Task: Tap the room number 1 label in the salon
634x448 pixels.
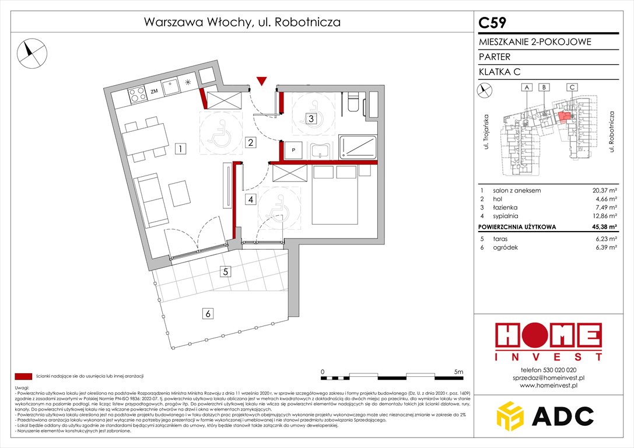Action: click(x=182, y=149)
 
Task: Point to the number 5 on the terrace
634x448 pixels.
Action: click(x=225, y=271)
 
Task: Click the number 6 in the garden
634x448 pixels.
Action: click(x=208, y=314)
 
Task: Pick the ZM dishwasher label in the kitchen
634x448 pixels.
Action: click(x=154, y=92)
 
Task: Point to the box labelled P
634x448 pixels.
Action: click(x=293, y=150)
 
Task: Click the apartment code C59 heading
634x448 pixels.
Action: click(x=492, y=23)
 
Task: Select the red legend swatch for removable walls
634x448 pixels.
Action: click(x=23, y=376)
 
